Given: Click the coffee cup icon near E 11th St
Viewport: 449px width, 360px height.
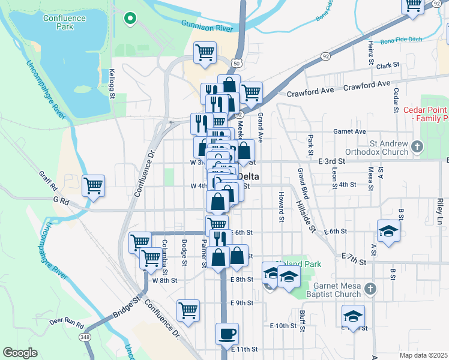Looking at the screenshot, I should point(227,333).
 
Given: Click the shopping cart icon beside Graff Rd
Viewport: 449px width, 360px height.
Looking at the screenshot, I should point(93,186).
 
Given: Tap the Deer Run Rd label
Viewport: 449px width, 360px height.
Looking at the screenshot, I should point(67,322).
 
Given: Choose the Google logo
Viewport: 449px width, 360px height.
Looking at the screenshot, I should point(20,352).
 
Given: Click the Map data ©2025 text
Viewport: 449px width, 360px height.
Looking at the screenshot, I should point(423,355).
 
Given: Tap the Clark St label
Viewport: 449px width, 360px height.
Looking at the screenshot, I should point(388,65).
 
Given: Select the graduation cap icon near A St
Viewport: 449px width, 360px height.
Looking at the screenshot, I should point(388,231).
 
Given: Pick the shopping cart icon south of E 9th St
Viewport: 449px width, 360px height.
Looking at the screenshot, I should point(188,310).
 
